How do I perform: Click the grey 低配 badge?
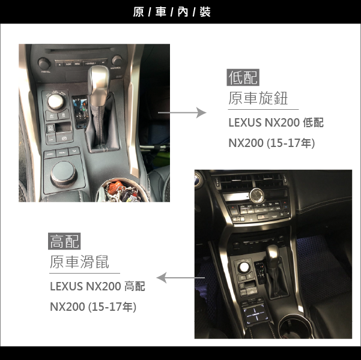click(243, 77)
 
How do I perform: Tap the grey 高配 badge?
click(64, 241)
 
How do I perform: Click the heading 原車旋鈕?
click(258, 98)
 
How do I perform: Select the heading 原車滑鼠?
click(79, 262)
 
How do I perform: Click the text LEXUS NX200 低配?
click(276, 122)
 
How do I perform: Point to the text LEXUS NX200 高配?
click(97, 286)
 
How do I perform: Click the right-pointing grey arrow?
click(182, 113)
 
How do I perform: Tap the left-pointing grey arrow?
click(180, 278)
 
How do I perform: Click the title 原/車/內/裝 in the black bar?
click(172, 12)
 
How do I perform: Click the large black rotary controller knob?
click(64, 174)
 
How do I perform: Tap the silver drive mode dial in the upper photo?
click(55, 101)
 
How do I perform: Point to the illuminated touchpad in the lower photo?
click(255, 314)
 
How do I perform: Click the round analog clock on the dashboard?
click(256, 195)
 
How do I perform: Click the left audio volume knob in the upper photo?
click(44, 63)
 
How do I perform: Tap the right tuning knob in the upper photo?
click(117, 61)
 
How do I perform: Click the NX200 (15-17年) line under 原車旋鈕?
click(272, 143)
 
